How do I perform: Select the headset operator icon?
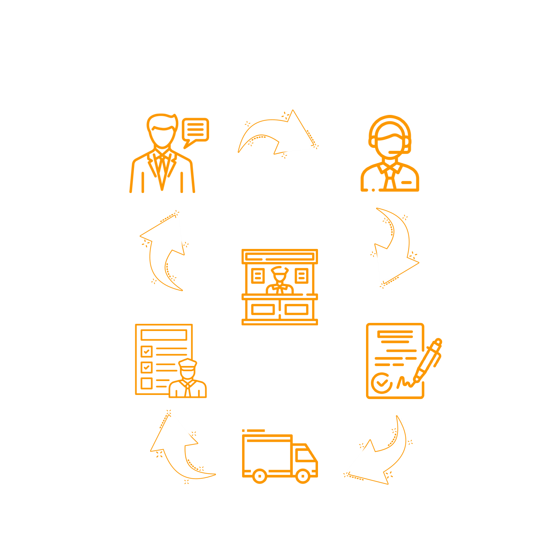[390, 153]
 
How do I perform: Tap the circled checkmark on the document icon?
[382, 383]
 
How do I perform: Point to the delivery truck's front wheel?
[302, 476]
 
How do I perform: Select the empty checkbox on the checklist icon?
[146, 383]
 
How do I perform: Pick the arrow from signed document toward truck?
[382, 457]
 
